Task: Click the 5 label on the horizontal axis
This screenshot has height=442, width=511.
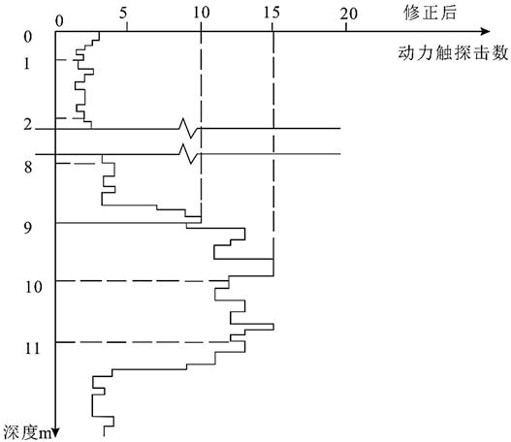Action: pos(123,14)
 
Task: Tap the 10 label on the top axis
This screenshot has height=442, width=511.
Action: pos(201,13)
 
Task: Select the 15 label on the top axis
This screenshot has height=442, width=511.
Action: pos(271,13)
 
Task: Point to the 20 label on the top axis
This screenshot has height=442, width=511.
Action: pos(349,14)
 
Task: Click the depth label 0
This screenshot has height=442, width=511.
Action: pos(28,37)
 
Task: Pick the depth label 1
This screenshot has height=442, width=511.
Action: pos(27,64)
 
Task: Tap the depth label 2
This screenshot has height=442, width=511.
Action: pos(28,124)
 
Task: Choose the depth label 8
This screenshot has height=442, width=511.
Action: pos(28,168)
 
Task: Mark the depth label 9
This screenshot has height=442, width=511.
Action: pos(28,227)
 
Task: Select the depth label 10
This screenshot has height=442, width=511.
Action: pos(34,287)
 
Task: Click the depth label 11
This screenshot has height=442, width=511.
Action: pos(33,349)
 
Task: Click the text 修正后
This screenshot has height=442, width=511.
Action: pos(430,14)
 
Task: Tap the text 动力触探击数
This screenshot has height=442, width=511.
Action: pos(453,52)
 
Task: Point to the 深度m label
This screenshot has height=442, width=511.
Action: pos(27,432)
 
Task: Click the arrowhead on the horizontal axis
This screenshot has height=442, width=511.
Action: pos(485,32)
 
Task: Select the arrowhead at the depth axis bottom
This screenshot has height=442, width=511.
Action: pos(55,432)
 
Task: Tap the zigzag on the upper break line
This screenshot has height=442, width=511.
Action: pos(189,128)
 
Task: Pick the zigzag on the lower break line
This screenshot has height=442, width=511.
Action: pos(189,154)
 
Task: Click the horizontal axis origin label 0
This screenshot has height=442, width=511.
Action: pos(59,21)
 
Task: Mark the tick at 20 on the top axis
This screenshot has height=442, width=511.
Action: pos(346,27)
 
